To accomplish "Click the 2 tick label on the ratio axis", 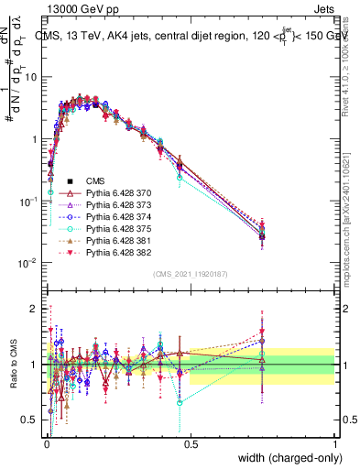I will pyautogui.click(x=35, y=309).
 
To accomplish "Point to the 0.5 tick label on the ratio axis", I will pyautogui.click(x=31, y=420).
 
